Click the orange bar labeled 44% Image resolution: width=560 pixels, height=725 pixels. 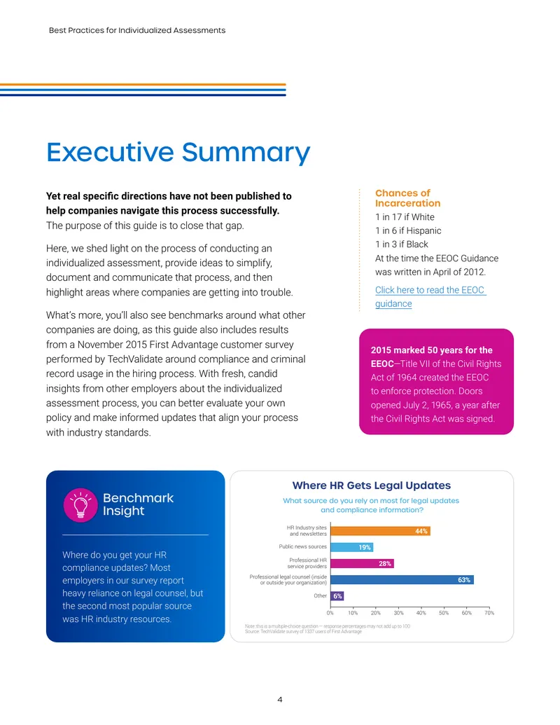[x=380, y=531]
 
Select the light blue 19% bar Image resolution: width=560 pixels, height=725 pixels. [x=351, y=547]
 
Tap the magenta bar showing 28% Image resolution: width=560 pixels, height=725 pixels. [x=362, y=563]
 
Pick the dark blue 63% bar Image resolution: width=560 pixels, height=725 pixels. [x=402, y=579]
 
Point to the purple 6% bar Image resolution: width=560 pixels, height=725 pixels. [x=337, y=596]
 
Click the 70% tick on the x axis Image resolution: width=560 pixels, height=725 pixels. [x=489, y=613]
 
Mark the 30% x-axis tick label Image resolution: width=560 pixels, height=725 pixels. [x=398, y=613]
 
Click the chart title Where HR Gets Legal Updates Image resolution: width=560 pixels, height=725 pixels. [x=372, y=485]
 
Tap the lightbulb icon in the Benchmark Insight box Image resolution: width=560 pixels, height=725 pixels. [x=80, y=505]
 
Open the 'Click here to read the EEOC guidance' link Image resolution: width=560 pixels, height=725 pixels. [x=430, y=296]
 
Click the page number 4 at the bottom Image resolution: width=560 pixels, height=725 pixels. [x=279, y=699]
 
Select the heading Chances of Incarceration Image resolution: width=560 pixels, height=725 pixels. [x=407, y=198]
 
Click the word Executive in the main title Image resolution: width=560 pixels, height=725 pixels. [x=110, y=152]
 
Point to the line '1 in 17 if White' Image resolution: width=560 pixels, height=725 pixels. [x=405, y=217]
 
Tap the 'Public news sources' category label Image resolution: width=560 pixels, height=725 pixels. [x=302, y=546]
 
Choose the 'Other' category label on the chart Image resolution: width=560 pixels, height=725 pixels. [x=320, y=595]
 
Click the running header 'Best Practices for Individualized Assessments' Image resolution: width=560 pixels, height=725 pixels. [x=137, y=30]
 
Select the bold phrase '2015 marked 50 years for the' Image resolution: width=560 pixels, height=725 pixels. [x=432, y=350]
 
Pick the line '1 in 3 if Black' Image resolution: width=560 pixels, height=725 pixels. [x=402, y=244]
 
